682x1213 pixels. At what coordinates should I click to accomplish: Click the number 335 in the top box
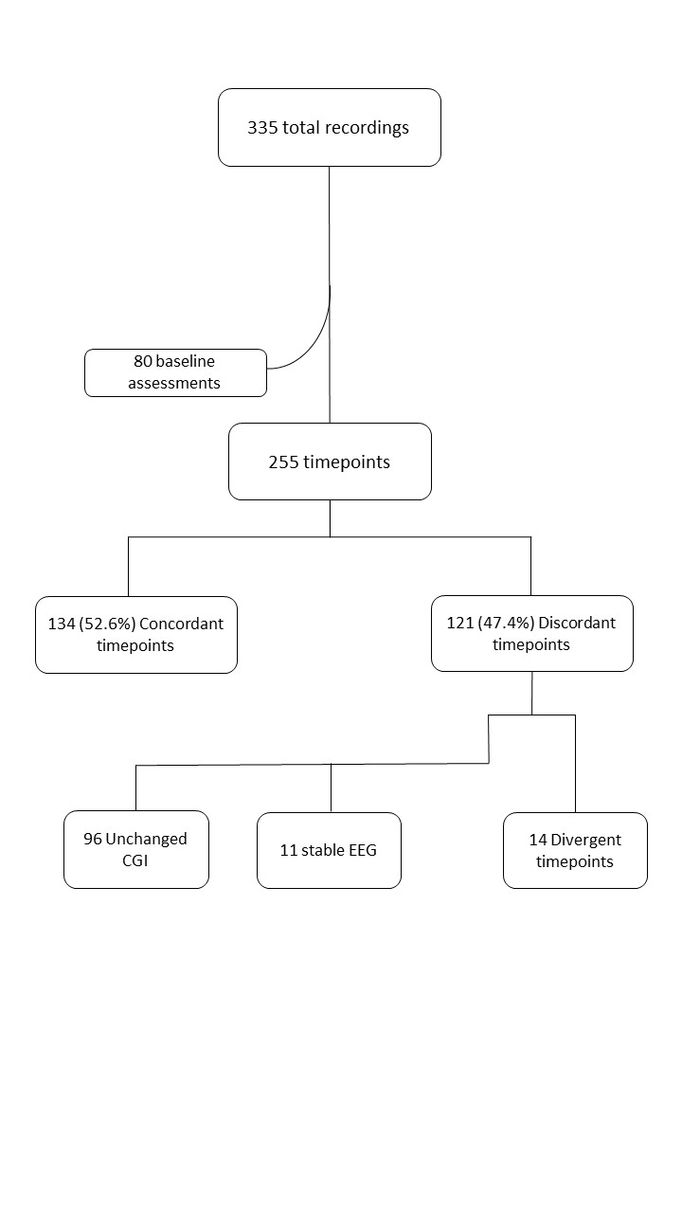click(x=262, y=128)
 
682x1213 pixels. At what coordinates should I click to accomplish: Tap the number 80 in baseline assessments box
click(x=142, y=362)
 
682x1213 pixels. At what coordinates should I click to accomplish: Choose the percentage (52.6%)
click(x=107, y=624)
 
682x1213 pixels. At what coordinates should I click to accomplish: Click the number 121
click(x=459, y=623)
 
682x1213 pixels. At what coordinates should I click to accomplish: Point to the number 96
click(x=93, y=839)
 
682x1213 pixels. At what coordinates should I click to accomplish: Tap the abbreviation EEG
click(x=362, y=850)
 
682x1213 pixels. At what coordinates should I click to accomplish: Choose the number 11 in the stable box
click(x=289, y=850)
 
